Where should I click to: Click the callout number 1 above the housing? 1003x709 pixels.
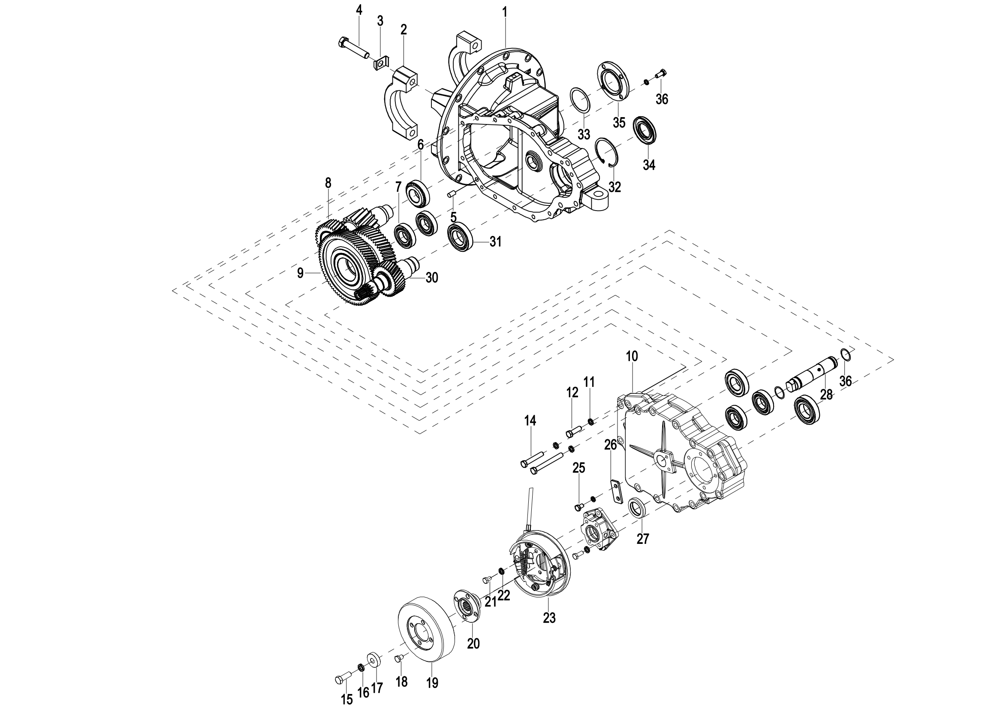(505, 12)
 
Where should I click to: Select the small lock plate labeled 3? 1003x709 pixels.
(381, 64)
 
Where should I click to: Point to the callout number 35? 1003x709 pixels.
(619, 123)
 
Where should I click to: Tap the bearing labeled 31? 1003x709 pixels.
(460, 237)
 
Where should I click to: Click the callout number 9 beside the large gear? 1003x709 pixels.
(300, 273)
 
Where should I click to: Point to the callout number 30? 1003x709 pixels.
(432, 278)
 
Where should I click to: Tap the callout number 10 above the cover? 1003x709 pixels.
(632, 356)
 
